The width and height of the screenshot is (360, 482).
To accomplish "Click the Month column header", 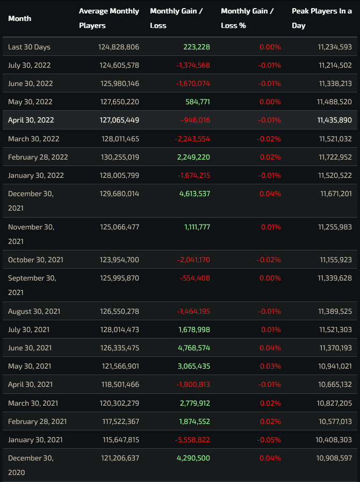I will [x=20, y=18].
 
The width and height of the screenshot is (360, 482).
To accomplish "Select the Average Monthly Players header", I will [x=109, y=18].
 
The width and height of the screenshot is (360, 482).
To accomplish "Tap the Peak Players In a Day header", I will [x=322, y=18].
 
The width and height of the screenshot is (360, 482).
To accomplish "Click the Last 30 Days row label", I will [x=29, y=47].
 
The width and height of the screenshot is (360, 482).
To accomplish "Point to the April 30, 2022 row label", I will [x=31, y=120].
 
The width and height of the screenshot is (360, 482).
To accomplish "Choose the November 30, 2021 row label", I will [x=31, y=234].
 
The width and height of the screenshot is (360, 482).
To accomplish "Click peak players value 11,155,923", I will [x=336, y=260].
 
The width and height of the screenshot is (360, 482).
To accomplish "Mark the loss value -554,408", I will [x=195, y=278].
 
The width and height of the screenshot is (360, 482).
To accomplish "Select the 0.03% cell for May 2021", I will [x=270, y=366].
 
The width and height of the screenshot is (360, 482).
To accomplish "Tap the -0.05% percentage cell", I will [x=269, y=440].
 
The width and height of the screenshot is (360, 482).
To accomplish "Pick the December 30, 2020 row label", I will [x=31, y=465].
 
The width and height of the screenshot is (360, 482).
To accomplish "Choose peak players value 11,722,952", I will [x=335, y=157].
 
